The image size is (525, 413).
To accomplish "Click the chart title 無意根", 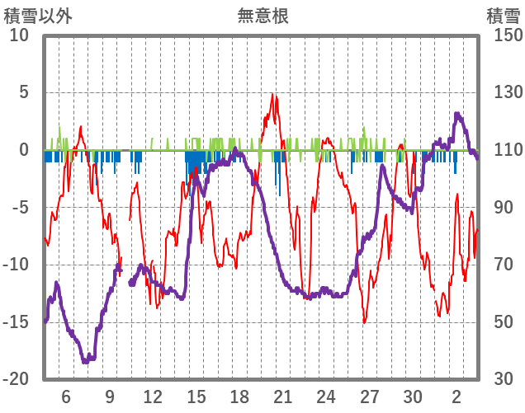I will pos(262,16).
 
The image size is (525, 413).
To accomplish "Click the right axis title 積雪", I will pos(503,16).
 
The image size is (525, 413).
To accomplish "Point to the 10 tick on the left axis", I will pos(18,35).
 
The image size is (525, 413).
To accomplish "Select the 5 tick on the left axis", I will pos(23,92).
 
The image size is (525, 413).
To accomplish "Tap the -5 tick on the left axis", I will pos(20,207).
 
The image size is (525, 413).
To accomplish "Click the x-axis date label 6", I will pos(66,396).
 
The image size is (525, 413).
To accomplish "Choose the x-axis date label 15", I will pos(196,396).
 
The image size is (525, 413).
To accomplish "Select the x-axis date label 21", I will pos(282,396).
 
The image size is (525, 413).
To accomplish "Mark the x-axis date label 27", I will pos(369,396).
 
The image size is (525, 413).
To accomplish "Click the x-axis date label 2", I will pos(456,396).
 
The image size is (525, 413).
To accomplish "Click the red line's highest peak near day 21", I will pos(272,95).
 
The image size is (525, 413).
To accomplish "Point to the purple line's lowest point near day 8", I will pos(86,361).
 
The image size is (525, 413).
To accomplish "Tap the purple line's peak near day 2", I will pos(456,114).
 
